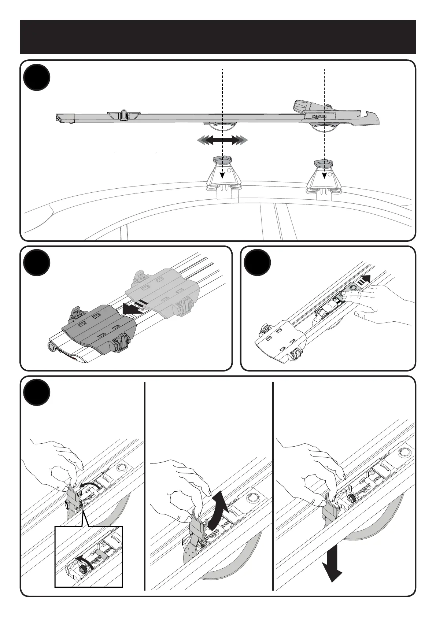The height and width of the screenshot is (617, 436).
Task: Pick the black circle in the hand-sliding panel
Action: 257,263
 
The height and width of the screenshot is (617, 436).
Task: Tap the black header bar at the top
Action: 218,37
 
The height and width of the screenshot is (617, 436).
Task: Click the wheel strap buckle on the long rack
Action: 123,115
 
